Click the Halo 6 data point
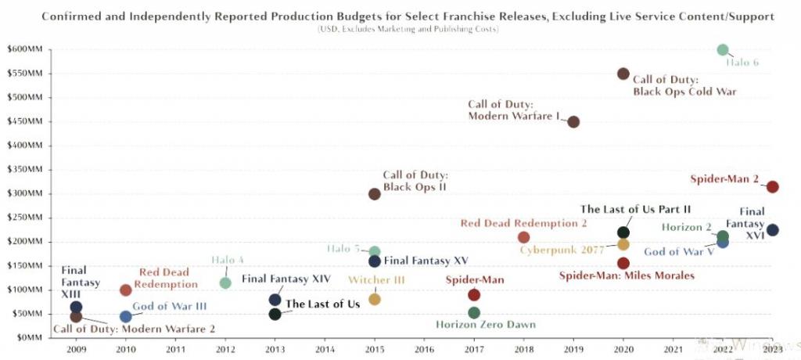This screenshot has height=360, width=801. (723, 50)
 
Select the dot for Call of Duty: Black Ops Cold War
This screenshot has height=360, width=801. (623, 74)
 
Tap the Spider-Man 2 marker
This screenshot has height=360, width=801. (773, 187)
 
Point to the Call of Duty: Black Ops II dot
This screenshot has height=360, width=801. (375, 194)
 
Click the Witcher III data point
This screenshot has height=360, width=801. (375, 299)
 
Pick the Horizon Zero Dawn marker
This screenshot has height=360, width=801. (474, 313)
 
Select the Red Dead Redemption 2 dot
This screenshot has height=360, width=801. (524, 237)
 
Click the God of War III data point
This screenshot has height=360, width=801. (126, 317)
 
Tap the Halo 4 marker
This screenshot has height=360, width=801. (225, 283)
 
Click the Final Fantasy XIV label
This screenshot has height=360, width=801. (286, 279)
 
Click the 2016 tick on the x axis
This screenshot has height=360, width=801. (425, 351)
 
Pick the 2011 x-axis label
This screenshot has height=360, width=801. (176, 351)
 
